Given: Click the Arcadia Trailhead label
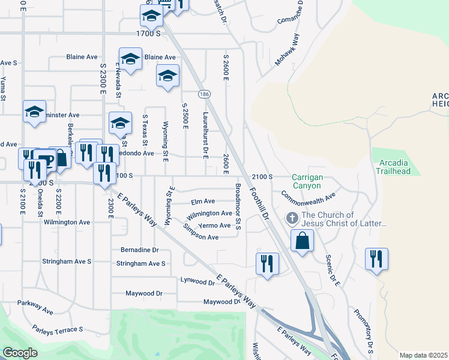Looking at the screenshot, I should tap(394, 167).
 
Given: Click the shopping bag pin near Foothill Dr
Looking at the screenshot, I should tap(302, 241).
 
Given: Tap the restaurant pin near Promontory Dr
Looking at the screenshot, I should tap(376, 259).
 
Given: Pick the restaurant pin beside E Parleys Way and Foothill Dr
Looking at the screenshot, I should tap(267, 263).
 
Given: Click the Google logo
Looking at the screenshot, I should tap(20, 352).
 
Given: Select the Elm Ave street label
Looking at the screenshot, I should tap(203, 202).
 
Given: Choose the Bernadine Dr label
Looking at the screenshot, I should tap(139, 250).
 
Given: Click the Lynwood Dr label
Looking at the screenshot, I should tap(197, 281).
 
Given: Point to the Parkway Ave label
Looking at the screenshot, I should tap(35, 307).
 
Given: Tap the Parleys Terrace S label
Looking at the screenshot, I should tap(58, 330).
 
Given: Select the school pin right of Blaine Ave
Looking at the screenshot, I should tap(167, 76).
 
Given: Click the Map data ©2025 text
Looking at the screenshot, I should tap(423, 355).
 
